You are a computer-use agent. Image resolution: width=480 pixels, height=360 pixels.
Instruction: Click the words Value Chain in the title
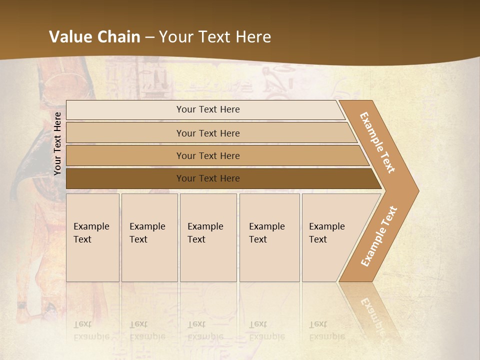(x=94, y=37)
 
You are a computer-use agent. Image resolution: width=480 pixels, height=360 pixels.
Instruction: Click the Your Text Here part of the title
(x=215, y=37)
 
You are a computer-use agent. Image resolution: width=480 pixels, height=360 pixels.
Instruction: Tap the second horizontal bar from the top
(x=208, y=133)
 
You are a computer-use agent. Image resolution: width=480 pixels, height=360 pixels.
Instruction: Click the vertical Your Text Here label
(x=58, y=143)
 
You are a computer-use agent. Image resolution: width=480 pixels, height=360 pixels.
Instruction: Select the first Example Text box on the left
(x=92, y=237)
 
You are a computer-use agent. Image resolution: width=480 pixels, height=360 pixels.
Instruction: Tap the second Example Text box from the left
(x=149, y=237)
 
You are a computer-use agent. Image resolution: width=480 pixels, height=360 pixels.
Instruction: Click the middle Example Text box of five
(x=208, y=237)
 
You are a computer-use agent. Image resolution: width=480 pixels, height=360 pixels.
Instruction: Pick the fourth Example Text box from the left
(x=269, y=237)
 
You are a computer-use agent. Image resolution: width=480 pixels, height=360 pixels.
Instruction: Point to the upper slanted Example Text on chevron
(x=377, y=142)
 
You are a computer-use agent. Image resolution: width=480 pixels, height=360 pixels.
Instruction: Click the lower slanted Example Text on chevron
(x=378, y=236)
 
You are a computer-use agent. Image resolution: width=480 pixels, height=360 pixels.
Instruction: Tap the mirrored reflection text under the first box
(x=91, y=330)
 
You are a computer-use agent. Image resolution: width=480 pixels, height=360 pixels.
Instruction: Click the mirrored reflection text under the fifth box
(x=327, y=330)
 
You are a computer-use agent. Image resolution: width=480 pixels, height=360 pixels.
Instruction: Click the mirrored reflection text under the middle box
(x=205, y=330)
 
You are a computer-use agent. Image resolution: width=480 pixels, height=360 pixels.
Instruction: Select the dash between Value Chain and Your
(x=149, y=37)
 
